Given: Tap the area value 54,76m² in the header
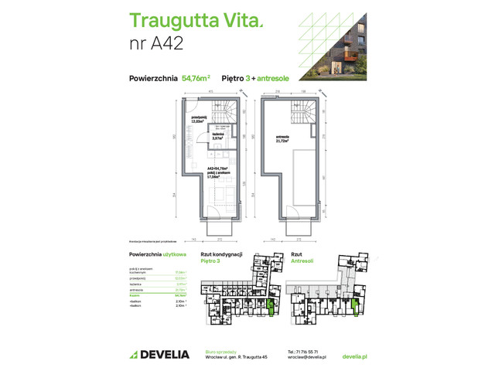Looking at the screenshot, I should click(x=196, y=78).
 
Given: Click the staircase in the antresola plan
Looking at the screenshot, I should click(x=297, y=116).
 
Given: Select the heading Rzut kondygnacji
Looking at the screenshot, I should click(x=222, y=254).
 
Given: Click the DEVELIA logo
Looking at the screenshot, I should click(x=159, y=354).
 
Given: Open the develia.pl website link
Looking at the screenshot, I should click(x=353, y=357).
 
